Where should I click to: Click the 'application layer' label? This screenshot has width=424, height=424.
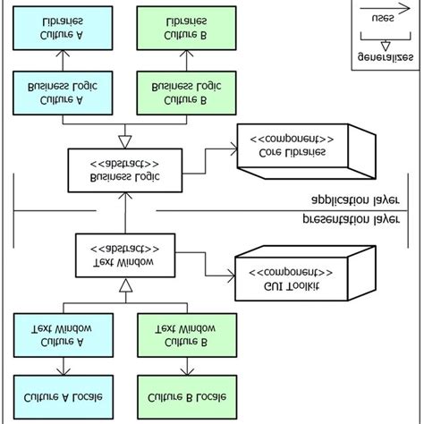coord(356,199)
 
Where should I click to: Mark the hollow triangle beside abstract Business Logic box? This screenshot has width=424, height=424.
coord(126,139)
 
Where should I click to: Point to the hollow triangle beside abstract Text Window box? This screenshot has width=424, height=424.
coord(126,284)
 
